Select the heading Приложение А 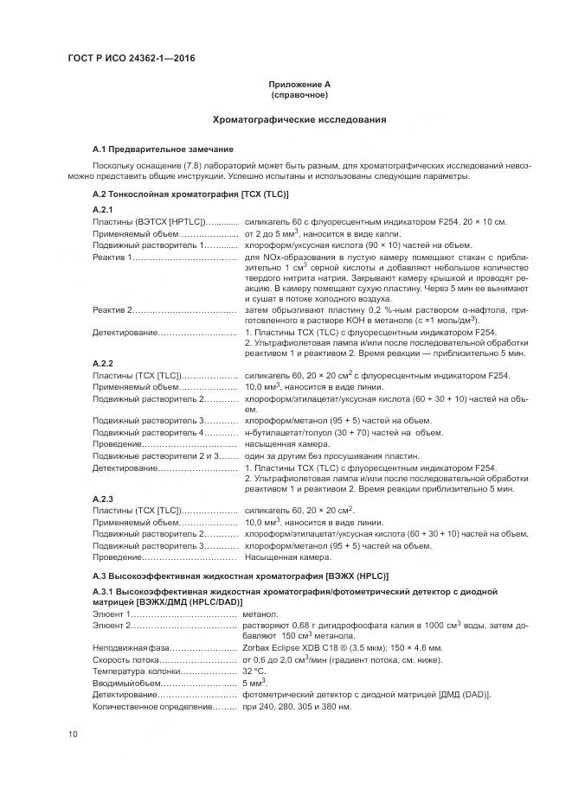[x=299, y=84]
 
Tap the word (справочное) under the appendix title [x=299, y=94]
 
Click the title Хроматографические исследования [x=299, y=119]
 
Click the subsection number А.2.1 [x=103, y=210]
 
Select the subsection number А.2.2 [x=103, y=363]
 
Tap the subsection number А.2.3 [x=103, y=499]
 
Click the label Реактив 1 [x=112, y=257]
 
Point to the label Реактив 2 [x=112, y=309]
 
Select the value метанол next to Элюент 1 [x=260, y=613]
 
